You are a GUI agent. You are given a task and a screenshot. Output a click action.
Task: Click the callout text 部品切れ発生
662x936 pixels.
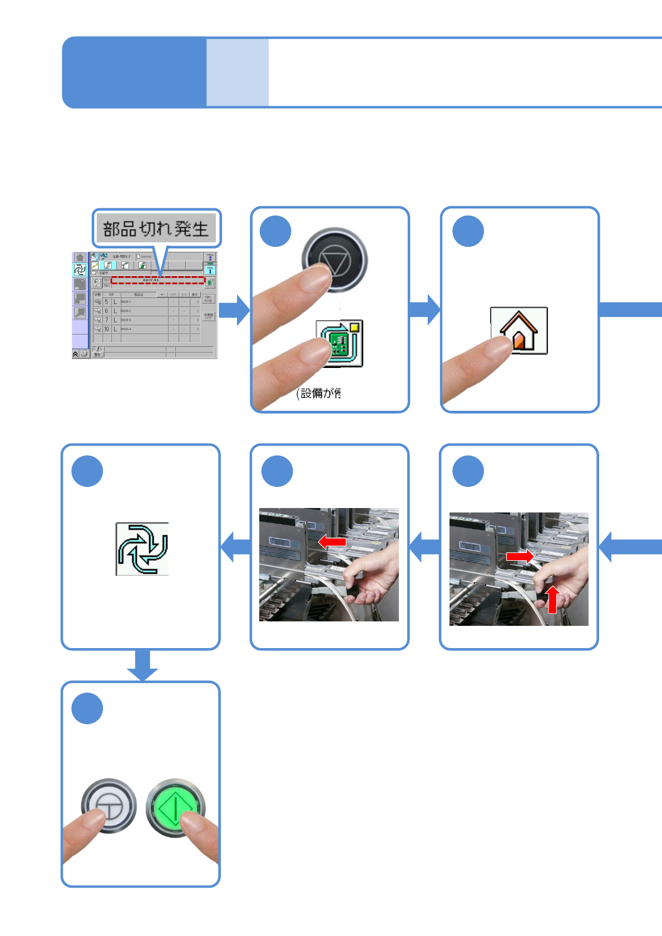point(156,228)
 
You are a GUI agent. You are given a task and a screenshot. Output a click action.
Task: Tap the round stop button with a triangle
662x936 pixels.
point(335,260)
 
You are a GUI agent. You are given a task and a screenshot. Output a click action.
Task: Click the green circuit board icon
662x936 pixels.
point(340,343)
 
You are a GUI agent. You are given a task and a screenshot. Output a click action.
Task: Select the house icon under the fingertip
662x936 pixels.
point(519,331)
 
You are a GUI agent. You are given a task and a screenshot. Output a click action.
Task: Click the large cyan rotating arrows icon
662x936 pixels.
point(142,549)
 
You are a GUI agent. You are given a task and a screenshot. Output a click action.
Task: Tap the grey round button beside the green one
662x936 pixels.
point(109,805)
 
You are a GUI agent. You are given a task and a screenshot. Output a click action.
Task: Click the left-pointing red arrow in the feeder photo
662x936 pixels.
point(332,541)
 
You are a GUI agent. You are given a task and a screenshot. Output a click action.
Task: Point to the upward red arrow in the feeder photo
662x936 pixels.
point(552,599)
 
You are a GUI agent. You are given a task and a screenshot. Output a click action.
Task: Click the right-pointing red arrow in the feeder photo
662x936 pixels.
point(520,555)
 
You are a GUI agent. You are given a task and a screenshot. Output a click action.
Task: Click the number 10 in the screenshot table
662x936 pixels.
point(106,329)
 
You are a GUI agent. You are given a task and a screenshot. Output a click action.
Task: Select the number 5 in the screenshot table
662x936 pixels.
point(106,302)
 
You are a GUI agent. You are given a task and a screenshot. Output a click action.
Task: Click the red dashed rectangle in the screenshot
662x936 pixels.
point(157,280)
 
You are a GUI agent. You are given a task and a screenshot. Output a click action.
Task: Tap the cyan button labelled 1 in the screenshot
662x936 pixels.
point(210,270)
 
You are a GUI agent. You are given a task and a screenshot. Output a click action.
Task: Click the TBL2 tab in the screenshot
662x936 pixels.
point(106,286)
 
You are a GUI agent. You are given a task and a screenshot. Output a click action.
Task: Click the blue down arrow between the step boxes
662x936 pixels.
point(142,665)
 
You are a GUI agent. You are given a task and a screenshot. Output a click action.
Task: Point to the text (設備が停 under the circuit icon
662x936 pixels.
point(319,394)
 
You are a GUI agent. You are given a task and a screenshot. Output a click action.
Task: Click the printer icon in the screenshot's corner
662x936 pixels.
point(84,354)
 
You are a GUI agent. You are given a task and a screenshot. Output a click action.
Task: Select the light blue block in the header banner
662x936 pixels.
point(238,72)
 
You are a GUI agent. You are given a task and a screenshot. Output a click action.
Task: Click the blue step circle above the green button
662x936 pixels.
point(87,708)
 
